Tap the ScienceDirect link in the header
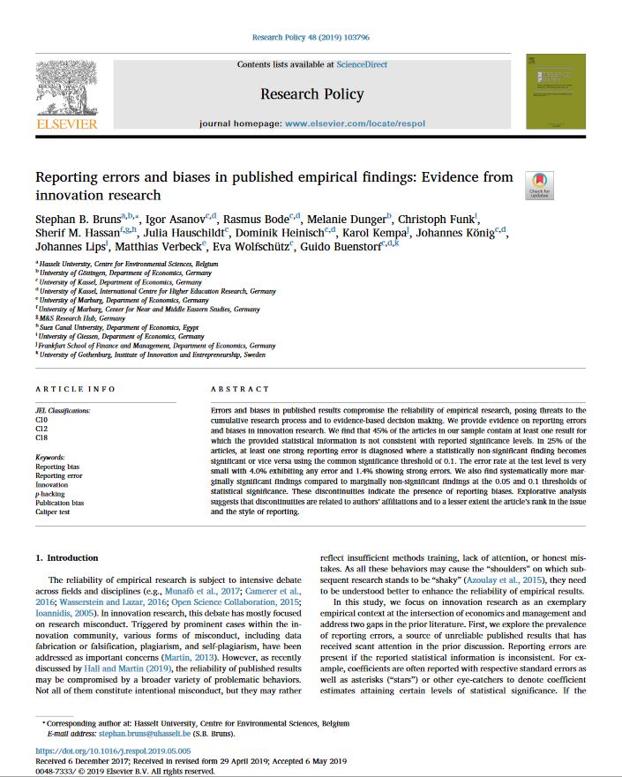point(360,64)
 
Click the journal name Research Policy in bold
point(311,93)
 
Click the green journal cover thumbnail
point(555,92)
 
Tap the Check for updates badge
point(539,185)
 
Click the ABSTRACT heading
point(240,389)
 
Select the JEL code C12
point(41,429)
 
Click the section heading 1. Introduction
point(67,558)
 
